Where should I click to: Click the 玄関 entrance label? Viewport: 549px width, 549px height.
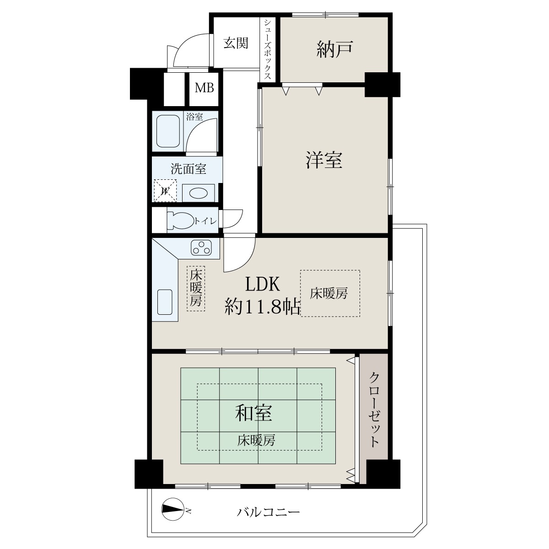point(236,43)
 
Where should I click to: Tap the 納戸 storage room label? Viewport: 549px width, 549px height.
point(335,49)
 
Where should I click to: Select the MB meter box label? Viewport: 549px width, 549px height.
point(204,88)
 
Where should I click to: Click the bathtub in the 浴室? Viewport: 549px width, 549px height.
point(168,131)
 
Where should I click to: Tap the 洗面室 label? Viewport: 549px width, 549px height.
point(188,169)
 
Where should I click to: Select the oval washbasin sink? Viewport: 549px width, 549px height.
point(198,193)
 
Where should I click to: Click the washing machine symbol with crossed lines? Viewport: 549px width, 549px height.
point(165,191)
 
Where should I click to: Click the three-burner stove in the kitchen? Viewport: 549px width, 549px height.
point(202,248)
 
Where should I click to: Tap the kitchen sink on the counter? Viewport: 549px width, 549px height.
point(165,302)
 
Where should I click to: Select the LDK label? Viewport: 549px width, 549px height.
point(263,284)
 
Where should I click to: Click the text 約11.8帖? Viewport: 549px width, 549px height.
point(263,307)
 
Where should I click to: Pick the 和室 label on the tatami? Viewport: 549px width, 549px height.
point(253,413)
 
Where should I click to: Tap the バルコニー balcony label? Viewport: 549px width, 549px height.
point(269,512)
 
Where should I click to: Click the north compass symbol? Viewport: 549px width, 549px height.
point(172,509)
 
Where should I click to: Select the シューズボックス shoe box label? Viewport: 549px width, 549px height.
point(268,49)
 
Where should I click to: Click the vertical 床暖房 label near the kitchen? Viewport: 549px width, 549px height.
point(196,288)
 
